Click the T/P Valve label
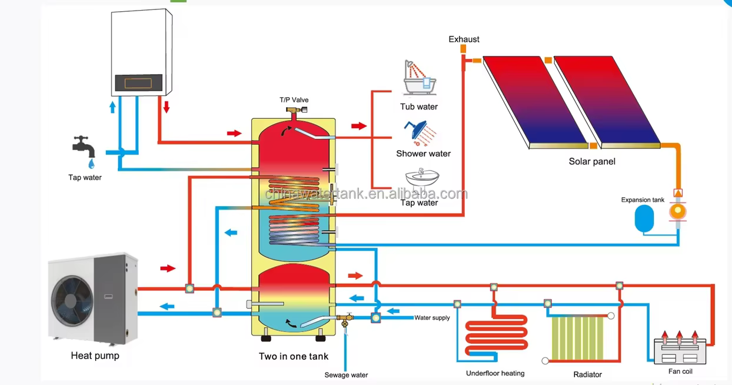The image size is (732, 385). [294, 99]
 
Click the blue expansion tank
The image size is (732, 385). [644, 218]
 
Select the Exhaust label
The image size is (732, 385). [464, 39]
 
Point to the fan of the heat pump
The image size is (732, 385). [72, 301]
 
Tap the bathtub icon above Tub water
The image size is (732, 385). [420, 78]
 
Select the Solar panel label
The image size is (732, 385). [592, 161]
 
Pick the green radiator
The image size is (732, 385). [577, 338]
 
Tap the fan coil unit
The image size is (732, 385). [680, 351]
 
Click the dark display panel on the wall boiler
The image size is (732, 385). [138, 82]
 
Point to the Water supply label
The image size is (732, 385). [432, 318]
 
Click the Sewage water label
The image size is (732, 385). [346, 375]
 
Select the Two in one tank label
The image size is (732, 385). [294, 356]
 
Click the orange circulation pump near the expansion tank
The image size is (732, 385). [678, 211]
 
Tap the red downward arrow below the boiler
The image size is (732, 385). [167, 107]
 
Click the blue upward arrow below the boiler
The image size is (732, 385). [112, 107]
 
